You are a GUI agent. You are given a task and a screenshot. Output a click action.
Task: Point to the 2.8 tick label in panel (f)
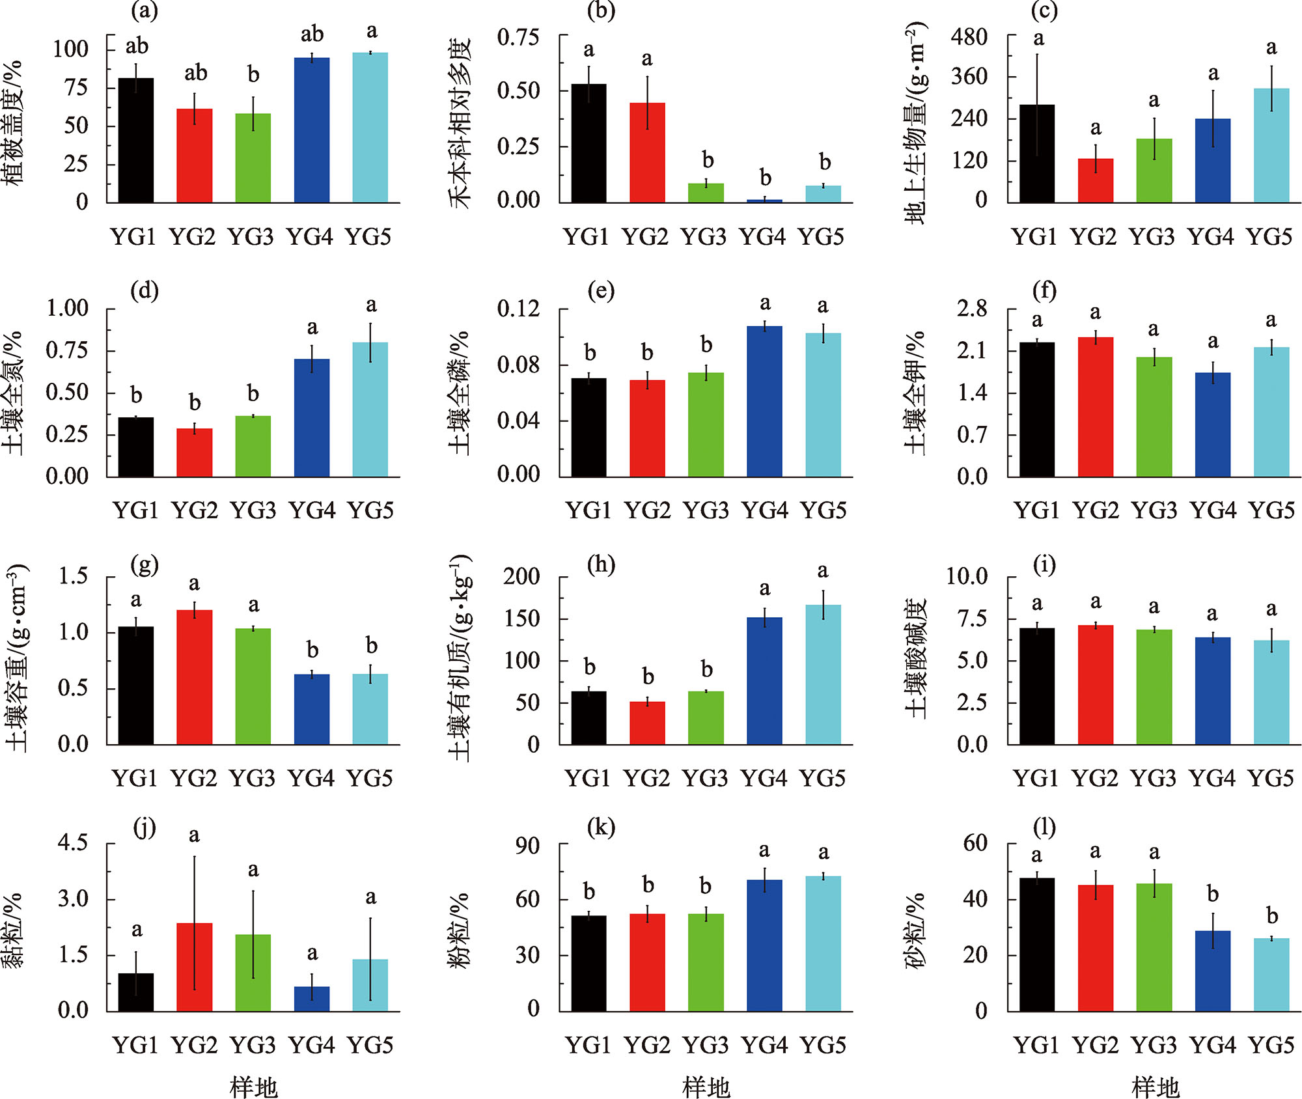pyautogui.click(x=971, y=309)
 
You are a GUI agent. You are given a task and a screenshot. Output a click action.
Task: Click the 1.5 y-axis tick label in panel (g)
pyautogui.click(x=73, y=576)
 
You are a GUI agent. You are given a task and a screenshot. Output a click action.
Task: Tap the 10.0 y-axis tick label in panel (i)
pyautogui.click(x=966, y=576)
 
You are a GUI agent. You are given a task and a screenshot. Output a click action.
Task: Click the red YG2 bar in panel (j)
pyautogui.click(x=194, y=967)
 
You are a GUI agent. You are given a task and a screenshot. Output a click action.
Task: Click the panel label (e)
pyautogui.click(x=600, y=290)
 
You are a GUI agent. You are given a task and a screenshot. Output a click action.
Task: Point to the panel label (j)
pyautogui.click(x=145, y=828)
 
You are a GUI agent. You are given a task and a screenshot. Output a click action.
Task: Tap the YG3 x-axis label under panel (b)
pyautogui.click(x=703, y=237)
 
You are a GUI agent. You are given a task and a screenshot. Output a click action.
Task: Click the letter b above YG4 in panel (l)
pyautogui.click(x=1212, y=895)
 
